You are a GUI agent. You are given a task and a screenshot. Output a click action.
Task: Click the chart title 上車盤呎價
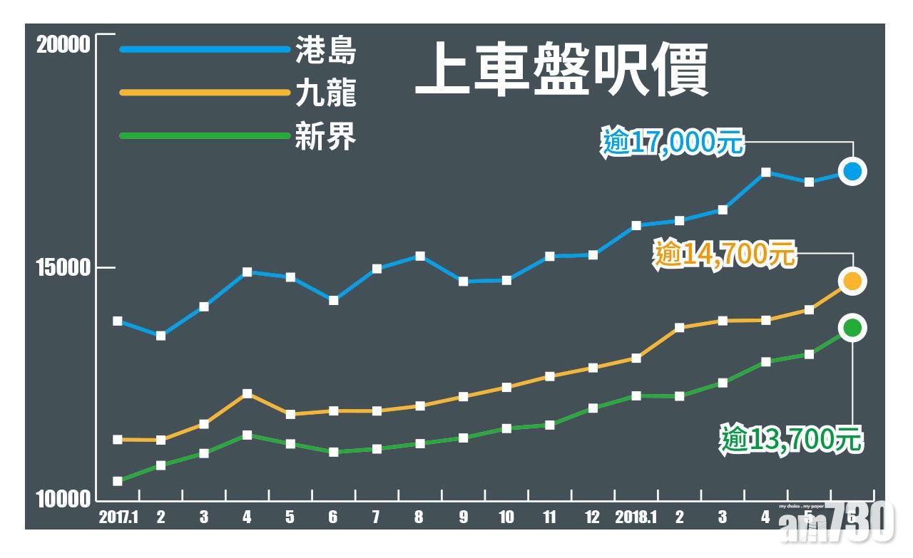[x=561, y=69]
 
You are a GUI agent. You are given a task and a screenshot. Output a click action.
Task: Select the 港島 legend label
[x=325, y=50]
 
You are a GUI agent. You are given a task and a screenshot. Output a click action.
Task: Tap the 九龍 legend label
[x=325, y=93]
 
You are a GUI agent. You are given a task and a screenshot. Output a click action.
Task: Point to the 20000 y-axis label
[x=63, y=44]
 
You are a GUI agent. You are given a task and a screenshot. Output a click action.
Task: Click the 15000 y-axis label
[x=63, y=268]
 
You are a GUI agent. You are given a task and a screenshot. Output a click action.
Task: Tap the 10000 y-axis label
[x=63, y=500]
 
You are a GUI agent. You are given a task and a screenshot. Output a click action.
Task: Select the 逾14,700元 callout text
[x=724, y=254]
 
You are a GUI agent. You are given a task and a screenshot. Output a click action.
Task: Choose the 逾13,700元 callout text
[x=791, y=439]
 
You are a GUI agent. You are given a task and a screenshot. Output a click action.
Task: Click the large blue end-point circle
[x=852, y=171]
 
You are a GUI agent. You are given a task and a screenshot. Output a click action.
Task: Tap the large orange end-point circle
[x=852, y=281]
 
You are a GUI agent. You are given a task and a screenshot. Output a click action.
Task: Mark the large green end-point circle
[x=852, y=328]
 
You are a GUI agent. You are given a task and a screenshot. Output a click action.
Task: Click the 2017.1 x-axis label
[x=118, y=517]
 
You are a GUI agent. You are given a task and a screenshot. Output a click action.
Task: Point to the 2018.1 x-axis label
[x=635, y=517]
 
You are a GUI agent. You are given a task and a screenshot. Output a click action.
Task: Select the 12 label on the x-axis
[x=592, y=517]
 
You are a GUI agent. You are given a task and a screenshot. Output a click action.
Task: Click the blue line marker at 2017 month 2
[x=160, y=336]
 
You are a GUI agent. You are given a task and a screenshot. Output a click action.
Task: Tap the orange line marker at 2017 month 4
[x=247, y=393]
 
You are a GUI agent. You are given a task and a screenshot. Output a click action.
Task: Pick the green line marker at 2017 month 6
[x=333, y=452]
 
